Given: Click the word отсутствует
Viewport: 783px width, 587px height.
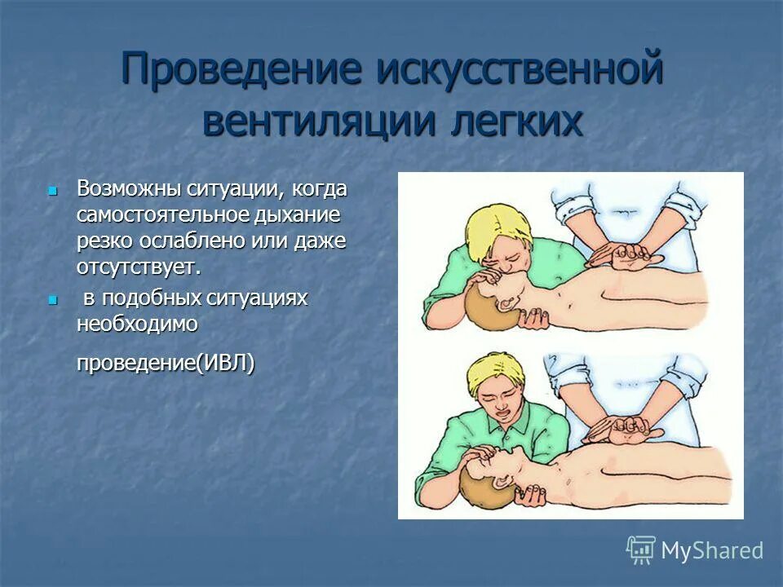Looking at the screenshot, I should coord(138,267).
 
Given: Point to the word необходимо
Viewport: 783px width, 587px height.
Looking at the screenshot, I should coord(137,324).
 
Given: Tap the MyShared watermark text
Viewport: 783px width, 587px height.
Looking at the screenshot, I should coord(712,550).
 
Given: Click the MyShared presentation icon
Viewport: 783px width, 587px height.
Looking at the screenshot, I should coord(641,550).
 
